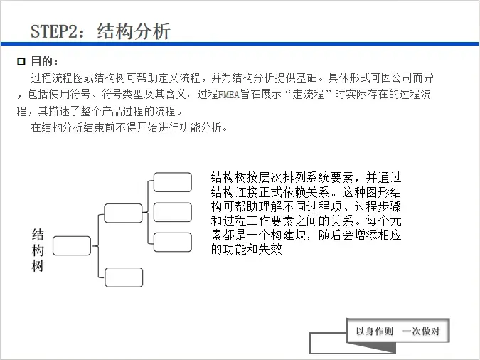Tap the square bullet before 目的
point(21,63)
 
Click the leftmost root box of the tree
point(72,245)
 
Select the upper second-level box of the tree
point(123,213)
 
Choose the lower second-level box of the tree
point(123,277)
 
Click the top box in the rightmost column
point(173,181)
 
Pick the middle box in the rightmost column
point(173,212)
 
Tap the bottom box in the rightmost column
point(173,242)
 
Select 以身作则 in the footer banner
point(374,332)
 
